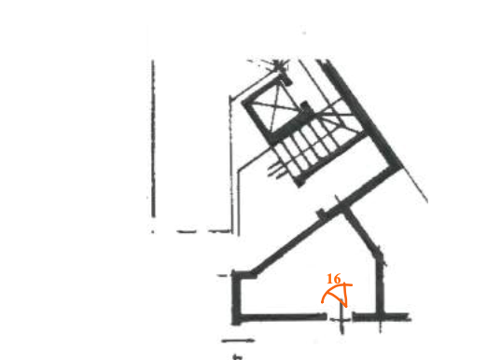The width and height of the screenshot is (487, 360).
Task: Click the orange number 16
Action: [x=335, y=278]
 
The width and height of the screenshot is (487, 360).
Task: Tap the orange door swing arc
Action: [x=328, y=296]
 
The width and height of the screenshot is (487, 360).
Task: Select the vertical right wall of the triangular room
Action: [x=383, y=280]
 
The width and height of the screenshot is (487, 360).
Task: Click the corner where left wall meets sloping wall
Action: [x=237, y=273]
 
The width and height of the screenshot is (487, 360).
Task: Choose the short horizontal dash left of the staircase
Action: [x=187, y=227]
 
